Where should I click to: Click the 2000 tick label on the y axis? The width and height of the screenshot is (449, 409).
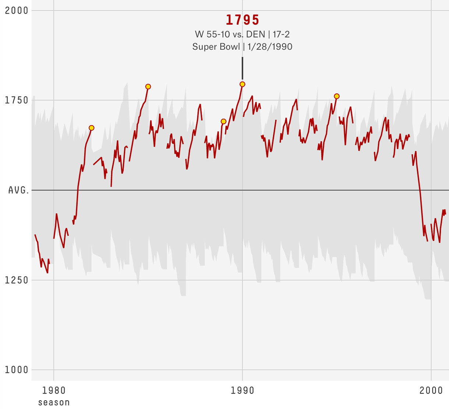tap(17, 10)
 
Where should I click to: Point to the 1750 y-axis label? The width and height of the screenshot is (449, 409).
tap(17, 100)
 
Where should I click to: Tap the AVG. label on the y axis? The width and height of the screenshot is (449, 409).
tap(18, 190)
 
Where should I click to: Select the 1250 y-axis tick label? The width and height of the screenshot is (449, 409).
tap(17, 280)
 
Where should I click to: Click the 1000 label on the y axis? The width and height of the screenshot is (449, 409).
tap(17, 370)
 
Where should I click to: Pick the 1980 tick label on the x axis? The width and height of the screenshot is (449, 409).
tap(54, 391)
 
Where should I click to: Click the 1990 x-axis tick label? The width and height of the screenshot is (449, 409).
tap(243, 391)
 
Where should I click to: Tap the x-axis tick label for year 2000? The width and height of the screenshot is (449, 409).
tap(431, 391)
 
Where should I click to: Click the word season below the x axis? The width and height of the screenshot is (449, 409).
tap(54, 402)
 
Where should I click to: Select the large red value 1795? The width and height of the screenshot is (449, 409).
tap(243, 19)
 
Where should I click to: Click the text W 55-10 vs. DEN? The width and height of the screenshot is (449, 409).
tap(230, 35)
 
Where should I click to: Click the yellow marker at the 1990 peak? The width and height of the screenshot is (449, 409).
tap(242, 84)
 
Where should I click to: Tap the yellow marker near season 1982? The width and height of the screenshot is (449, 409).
tap(92, 128)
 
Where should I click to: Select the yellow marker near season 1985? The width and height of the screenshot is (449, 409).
tap(148, 87)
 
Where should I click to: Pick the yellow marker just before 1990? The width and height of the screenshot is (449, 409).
tap(223, 121)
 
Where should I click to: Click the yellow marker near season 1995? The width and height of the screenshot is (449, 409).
tap(336, 96)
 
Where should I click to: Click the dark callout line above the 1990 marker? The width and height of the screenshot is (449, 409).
tap(242, 68)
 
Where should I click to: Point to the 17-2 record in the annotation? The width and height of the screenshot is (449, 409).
tap(281, 35)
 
